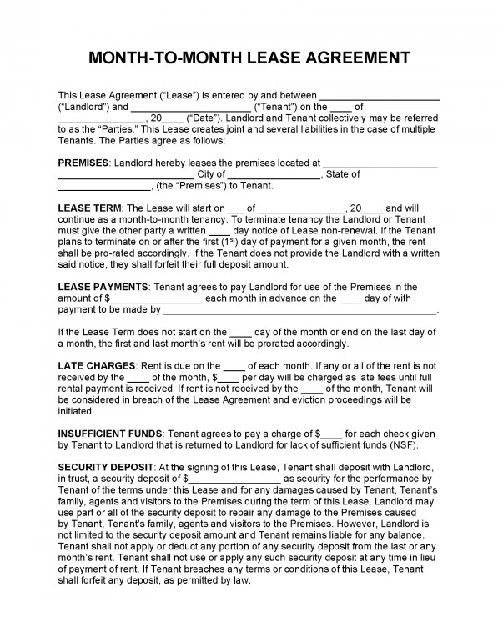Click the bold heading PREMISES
click(83, 163)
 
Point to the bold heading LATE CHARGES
click(97, 365)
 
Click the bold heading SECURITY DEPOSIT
click(106, 467)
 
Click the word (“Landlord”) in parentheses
click(83, 107)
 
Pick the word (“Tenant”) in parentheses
click(279, 107)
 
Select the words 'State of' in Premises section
click(342, 174)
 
